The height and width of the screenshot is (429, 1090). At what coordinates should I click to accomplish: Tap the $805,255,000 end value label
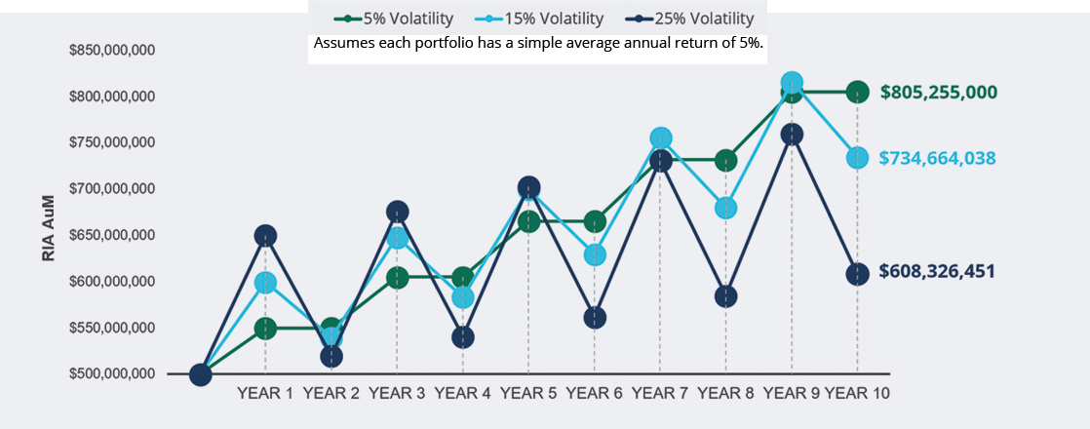click(939, 92)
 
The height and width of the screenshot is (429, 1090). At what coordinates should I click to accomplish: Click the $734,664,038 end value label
click(937, 158)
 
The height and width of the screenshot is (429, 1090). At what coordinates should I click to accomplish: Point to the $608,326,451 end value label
click(936, 271)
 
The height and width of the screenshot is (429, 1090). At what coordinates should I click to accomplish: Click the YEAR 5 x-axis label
click(528, 394)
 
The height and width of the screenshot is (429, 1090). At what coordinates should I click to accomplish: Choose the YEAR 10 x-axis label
click(856, 394)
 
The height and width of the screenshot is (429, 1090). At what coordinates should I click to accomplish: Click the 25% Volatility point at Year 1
click(265, 236)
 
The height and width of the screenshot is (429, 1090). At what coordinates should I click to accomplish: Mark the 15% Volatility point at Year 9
click(792, 83)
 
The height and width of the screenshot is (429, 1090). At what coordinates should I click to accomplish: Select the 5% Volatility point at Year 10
click(857, 92)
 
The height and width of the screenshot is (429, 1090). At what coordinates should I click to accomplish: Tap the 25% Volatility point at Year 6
click(595, 318)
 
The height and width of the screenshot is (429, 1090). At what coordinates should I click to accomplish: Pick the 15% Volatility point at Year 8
click(725, 208)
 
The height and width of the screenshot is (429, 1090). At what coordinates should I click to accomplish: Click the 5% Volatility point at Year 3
click(397, 278)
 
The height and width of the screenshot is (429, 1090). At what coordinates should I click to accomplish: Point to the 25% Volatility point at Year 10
click(857, 274)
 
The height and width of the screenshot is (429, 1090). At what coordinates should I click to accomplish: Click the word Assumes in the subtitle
click(338, 43)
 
